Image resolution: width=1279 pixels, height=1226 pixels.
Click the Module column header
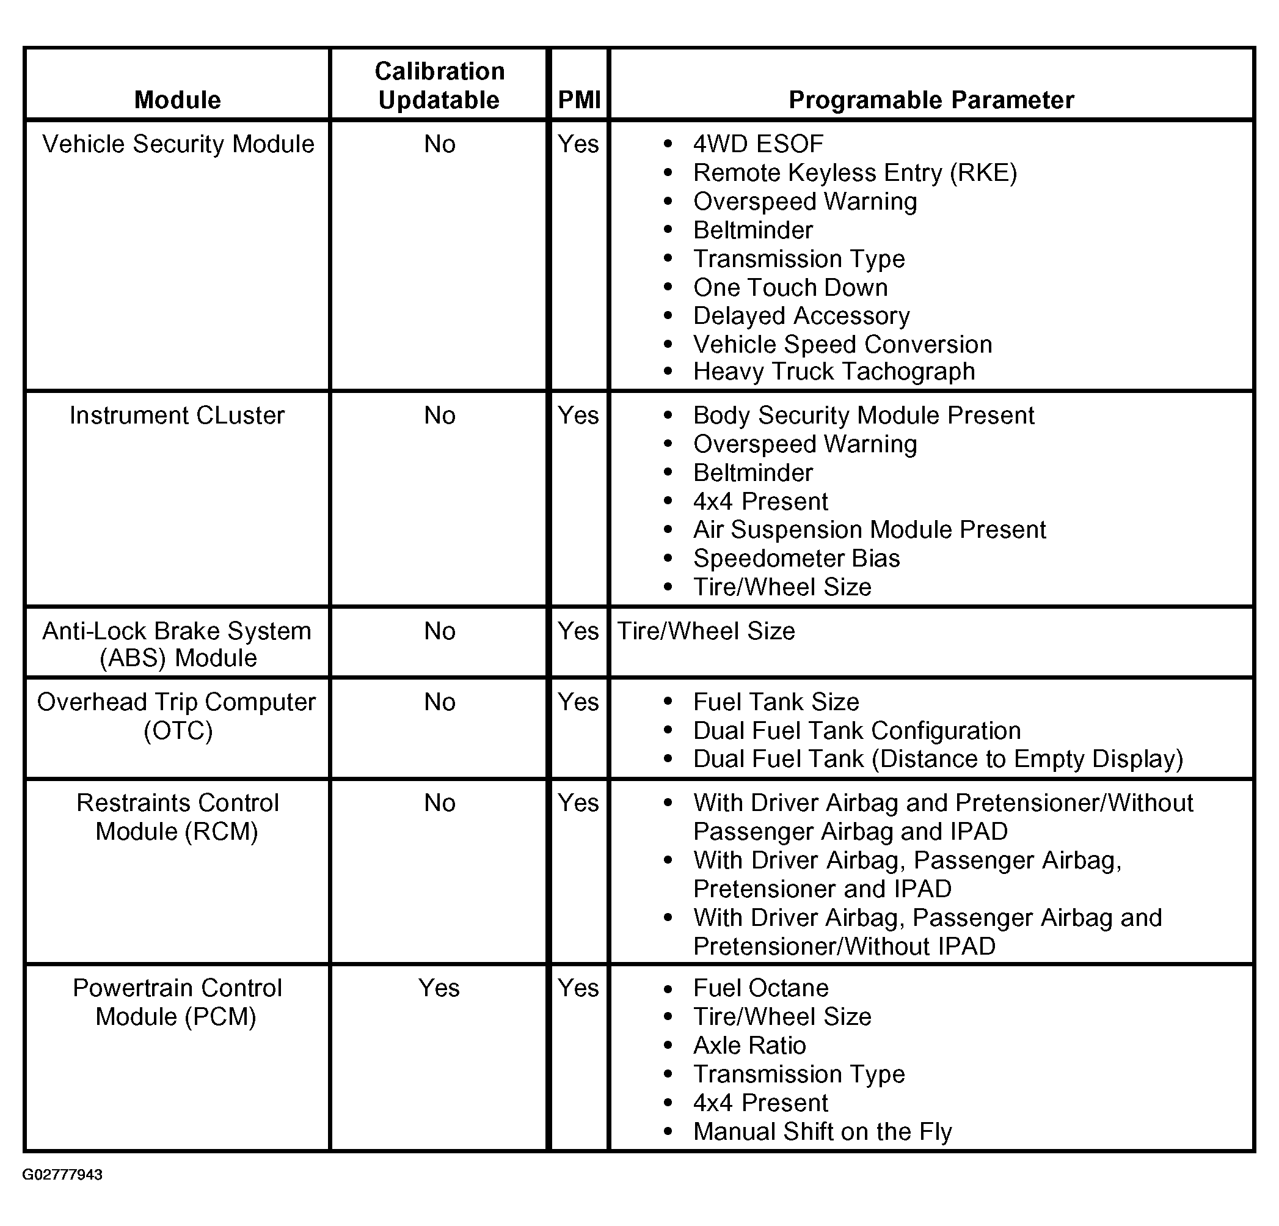click(178, 100)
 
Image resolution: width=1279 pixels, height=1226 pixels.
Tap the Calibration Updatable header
click(439, 86)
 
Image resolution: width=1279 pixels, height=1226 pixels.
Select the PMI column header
click(579, 100)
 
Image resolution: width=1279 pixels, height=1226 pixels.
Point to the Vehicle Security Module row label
click(178, 144)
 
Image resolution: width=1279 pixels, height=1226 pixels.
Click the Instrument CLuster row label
click(178, 416)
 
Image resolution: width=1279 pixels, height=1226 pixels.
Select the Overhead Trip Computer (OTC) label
click(178, 716)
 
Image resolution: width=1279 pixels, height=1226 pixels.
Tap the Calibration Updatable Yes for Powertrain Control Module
click(439, 988)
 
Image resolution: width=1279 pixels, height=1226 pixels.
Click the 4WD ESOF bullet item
click(758, 144)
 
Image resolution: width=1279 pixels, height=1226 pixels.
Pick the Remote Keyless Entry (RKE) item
click(855, 173)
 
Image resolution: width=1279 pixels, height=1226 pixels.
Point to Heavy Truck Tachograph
click(834, 372)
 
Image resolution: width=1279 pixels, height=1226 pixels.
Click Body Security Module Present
click(863, 416)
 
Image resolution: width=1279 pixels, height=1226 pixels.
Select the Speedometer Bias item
click(796, 559)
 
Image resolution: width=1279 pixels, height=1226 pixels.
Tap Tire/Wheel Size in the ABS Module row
click(706, 631)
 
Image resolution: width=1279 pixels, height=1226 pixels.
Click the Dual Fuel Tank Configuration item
click(857, 731)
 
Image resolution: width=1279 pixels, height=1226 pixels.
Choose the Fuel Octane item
click(761, 988)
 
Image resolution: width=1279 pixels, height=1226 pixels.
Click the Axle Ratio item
click(749, 1046)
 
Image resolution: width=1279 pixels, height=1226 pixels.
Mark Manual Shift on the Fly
click(822, 1132)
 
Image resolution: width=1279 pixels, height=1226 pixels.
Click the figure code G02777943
click(63, 1175)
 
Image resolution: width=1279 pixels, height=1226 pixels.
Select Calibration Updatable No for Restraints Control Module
click(439, 803)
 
